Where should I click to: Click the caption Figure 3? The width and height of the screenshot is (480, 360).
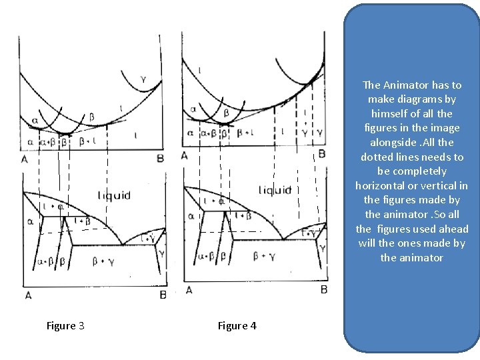pos(65,326)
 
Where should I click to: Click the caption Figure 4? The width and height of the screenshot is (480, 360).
pos(237,326)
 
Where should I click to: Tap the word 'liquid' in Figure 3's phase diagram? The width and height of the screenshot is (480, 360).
pos(114,195)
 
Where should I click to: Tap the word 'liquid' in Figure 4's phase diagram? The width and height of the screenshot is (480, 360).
pos(275,190)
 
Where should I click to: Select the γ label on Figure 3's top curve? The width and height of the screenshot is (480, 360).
pos(143,80)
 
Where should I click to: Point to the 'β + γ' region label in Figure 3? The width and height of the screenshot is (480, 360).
pos(103,261)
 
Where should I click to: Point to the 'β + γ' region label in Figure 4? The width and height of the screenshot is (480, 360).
pos(264,255)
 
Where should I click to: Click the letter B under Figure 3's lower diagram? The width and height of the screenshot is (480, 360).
pos(163,295)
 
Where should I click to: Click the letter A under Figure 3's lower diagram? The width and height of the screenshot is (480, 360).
pos(27,295)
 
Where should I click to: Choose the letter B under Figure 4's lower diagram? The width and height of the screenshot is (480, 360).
pos(323,289)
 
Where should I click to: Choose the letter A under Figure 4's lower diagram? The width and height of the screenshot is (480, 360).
pos(189,289)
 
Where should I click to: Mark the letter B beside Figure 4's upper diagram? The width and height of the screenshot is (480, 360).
pos(321,154)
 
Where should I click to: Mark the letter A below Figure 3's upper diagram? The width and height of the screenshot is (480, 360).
pos(25,159)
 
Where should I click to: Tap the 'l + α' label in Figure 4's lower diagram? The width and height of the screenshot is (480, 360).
pos(218,201)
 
